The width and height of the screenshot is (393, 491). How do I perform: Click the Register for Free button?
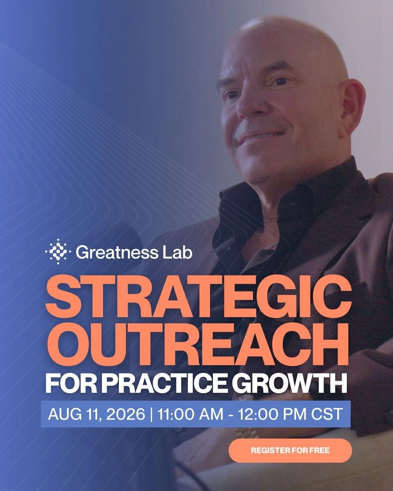pos(290,450)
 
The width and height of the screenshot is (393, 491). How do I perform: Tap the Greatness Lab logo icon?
pos(58,252)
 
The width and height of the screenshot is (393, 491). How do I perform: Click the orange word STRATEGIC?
pos(198,297)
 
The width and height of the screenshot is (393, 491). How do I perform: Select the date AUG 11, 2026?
pos(96,414)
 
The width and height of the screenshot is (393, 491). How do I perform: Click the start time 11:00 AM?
pos(190,414)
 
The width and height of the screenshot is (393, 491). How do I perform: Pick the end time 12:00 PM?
pos(272,414)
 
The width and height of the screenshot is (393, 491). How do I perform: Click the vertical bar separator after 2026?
pos(151,414)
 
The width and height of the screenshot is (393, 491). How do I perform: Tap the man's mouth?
pos(258,136)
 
